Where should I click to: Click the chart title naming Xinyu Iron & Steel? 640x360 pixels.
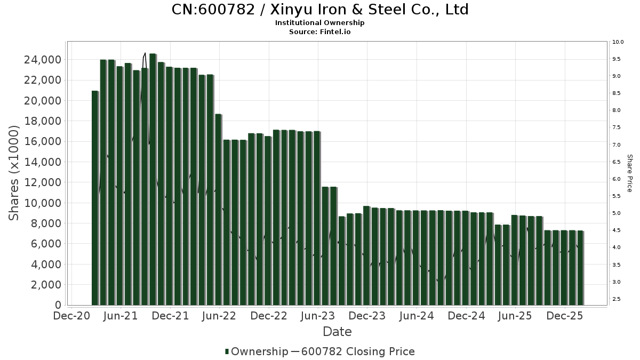pos(320,10)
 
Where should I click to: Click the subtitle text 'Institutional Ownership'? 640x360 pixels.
pos(320,23)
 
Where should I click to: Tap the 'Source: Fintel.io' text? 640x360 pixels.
pos(320,31)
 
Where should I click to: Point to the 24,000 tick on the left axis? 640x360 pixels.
pos(42,60)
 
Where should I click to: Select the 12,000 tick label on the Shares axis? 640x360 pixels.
pos(42,182)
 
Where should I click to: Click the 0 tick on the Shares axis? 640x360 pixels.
pos(57,305)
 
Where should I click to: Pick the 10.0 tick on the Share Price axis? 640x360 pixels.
pos(619,42)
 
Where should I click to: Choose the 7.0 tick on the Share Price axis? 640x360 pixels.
pos(617,145)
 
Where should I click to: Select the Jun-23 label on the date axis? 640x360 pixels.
pos(318,316)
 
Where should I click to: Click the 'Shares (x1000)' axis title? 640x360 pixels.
pos(14,173)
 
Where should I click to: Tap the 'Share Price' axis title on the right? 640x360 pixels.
pos(630,173)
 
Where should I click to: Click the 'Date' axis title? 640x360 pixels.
pos(337,332)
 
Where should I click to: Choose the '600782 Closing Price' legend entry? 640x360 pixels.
pos(357,351)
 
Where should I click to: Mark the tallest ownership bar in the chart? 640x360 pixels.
pos(153,179)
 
